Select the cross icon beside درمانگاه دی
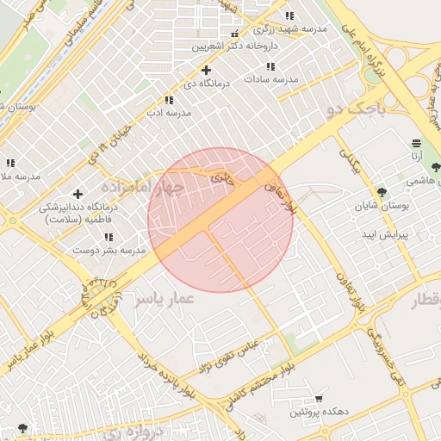pos(205,70)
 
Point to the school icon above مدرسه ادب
pos(168,100)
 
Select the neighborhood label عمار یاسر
pos(165,297)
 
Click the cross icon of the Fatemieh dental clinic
pos(78,195)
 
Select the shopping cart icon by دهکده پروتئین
pos(320,399)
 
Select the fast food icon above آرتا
pos(416,143)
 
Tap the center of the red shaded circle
pos(220,220)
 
